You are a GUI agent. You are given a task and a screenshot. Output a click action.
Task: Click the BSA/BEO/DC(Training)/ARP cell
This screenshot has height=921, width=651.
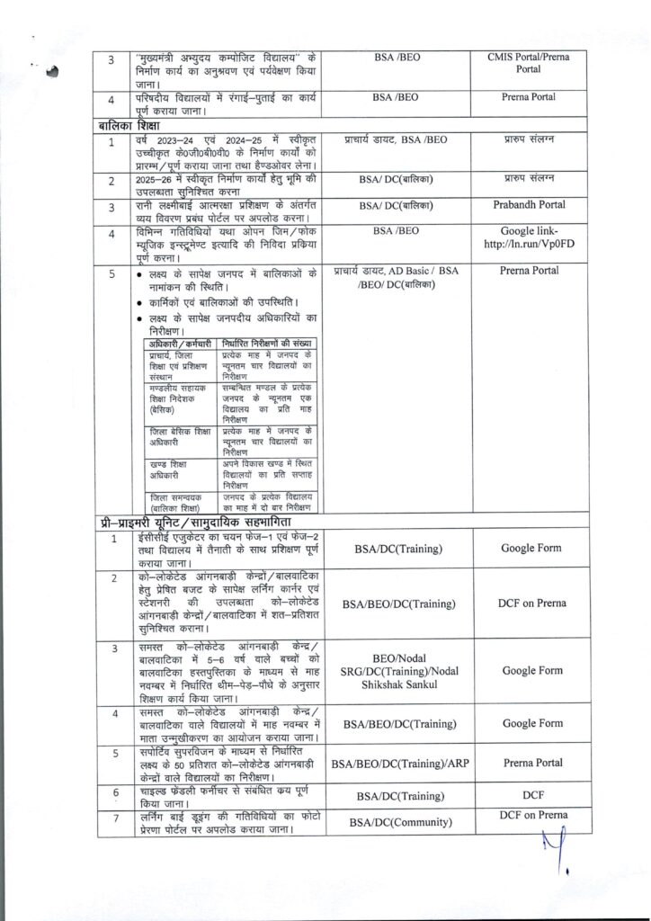(397, 763)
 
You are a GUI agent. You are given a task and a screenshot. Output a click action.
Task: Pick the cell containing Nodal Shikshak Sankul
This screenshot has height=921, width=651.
(397, 670)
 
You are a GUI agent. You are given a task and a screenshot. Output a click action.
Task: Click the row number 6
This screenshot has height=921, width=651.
(113, 792)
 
